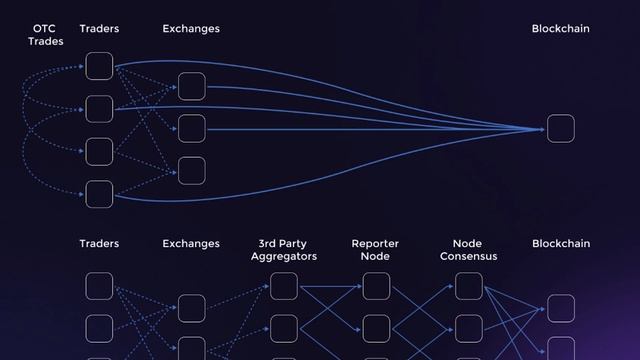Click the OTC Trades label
(x=46, y=35)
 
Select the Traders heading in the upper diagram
(x=99, y=29)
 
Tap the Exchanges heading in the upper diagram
(x=191, y=29)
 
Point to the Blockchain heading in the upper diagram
(x=560, y=29)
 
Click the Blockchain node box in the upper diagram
(x=560, y=129)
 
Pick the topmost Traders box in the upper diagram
(x=99, y=66)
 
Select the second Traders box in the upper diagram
(x=99, y=108)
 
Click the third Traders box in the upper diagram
(x=99, y=151)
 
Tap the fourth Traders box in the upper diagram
(x=99, y=193)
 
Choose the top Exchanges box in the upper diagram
(x=191, y=86)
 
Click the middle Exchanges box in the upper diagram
(x=191, y=129)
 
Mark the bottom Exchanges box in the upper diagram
(x=191, y=171)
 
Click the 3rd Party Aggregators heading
(x=283, y=250)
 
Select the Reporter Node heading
(x=375, y=250)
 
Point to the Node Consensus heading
(x=468, y=250)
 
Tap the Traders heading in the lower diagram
(x=99, y=244)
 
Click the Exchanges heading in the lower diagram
(x=191, y=244)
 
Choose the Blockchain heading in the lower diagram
(x=560, y=244)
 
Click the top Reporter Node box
(x=376, y=286)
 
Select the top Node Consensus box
(x=468, y=286)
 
